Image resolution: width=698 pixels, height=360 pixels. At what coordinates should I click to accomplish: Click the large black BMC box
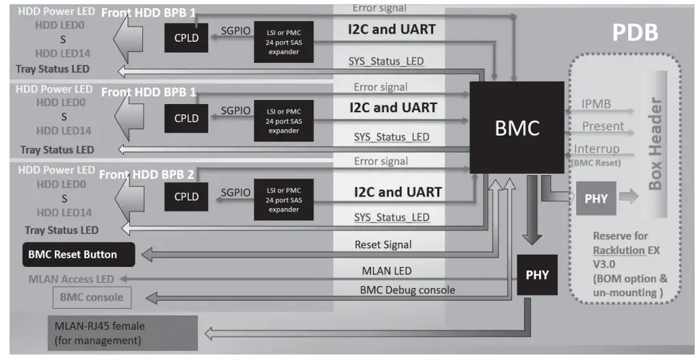[517, 127]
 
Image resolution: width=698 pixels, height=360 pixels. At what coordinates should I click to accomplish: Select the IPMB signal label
[596, 105]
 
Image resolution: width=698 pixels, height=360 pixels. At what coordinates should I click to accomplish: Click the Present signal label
[603, 126]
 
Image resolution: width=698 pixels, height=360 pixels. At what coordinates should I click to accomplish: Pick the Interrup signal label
[597, 149]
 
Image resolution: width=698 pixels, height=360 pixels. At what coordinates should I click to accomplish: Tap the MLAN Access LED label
[71, 279]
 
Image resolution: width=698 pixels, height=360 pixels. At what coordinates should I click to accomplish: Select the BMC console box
[92, 297]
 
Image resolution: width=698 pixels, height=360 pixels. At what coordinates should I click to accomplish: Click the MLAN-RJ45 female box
[122, 331]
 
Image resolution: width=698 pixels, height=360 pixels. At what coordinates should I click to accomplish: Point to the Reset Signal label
[383, 244]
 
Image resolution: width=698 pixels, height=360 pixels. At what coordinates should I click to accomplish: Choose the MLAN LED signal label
[387, 271]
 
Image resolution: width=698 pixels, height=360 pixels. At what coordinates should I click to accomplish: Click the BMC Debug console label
[407, 290]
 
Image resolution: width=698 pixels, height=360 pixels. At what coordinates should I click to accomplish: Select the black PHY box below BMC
[537, 275]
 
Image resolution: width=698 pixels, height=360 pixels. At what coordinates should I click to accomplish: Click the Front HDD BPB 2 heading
[146, 175]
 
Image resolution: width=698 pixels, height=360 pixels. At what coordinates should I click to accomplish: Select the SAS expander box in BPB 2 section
[283, 199]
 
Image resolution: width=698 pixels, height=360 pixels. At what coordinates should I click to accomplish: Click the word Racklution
[619, 249]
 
